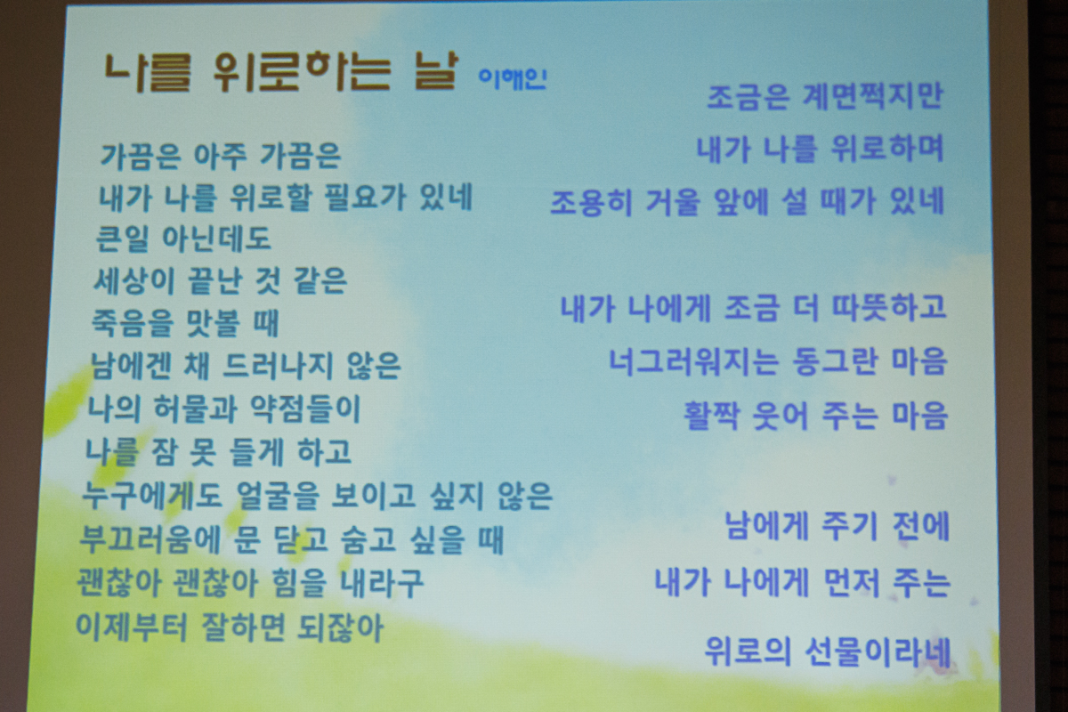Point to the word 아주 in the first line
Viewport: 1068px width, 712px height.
point(221,156)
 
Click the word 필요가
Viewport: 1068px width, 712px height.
point(365,197)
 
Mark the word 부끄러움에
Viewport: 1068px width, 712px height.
point(150,538)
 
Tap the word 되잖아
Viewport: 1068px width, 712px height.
point(340,627)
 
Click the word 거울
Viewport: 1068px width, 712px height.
point(673,202)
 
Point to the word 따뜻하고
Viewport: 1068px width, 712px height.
point(889,307)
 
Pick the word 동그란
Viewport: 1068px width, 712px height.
point(835,361)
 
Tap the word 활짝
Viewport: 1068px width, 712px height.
point(711,415)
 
